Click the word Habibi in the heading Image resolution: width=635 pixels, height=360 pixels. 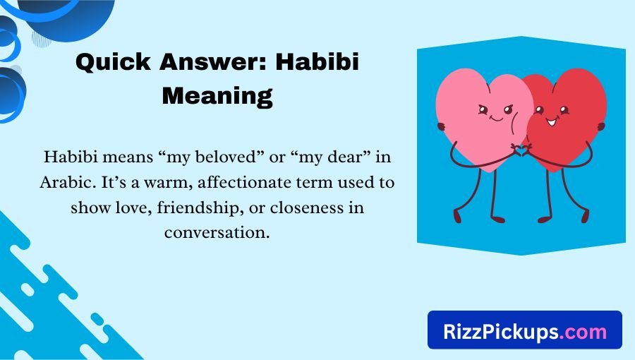(x=317, y=63)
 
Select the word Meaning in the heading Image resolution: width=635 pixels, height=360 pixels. (x=217, y=94)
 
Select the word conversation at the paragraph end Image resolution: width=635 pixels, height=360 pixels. (x=217, y=232)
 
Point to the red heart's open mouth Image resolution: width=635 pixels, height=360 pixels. (x=551, y=121)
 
